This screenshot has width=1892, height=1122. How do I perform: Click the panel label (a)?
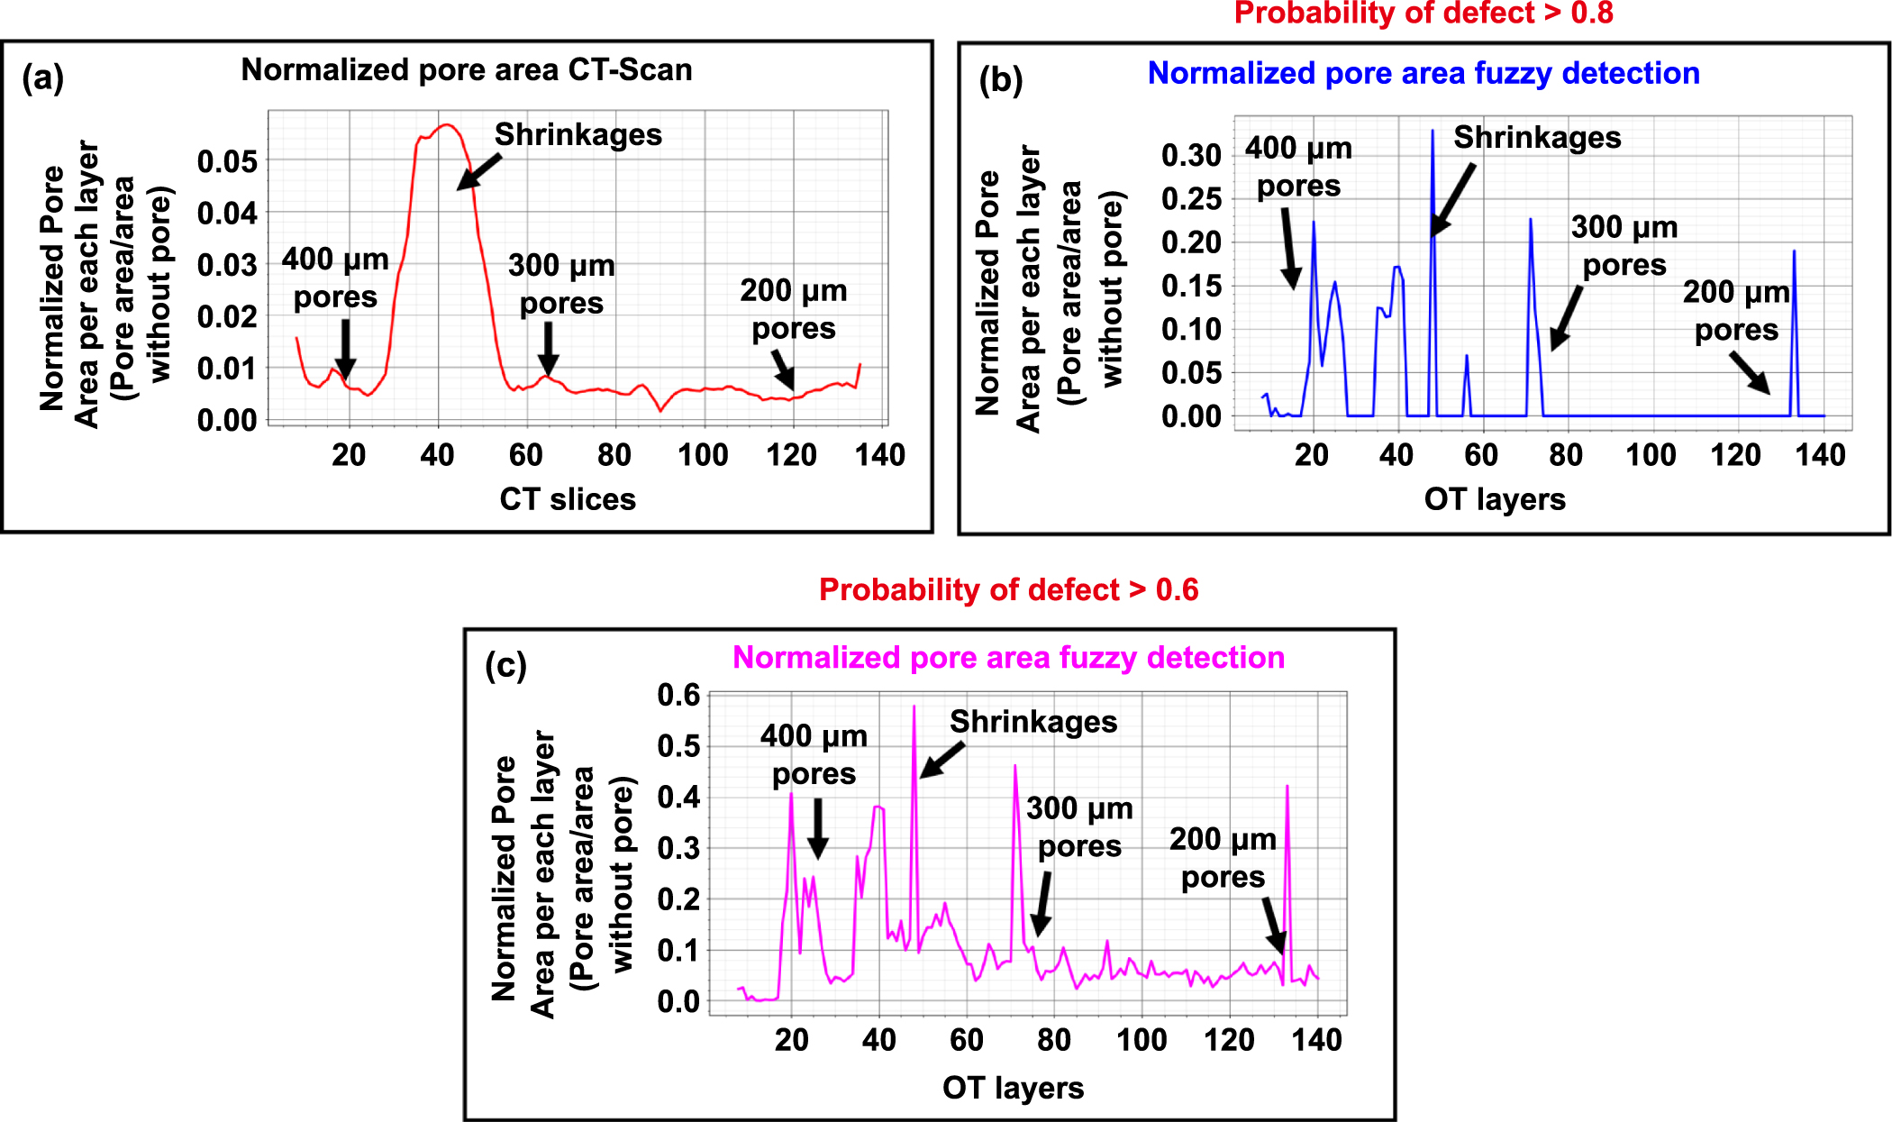coord(42,78)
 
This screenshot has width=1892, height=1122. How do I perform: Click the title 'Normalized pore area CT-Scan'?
coord(466,70)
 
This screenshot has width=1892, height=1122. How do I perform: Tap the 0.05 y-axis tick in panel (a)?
coord(227,162)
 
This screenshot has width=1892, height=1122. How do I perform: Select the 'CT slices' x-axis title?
coord(568,499)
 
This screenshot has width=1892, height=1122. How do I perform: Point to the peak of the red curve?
coord(446,125)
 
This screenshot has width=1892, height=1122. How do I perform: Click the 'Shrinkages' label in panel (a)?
coord(578,135)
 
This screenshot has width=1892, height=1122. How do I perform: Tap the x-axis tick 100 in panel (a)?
coord(703,455)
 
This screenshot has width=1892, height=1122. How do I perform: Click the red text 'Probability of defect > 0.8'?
coord(1423,14)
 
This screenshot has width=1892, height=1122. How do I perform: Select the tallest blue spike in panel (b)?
coord(1433,132)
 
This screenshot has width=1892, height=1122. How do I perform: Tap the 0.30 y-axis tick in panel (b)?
coord(1191,155)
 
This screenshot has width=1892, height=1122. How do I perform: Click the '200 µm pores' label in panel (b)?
coord(1735,311)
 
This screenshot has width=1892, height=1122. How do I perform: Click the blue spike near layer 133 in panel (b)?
coord(1794,254)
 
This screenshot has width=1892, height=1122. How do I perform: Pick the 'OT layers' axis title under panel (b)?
coord(1495,499)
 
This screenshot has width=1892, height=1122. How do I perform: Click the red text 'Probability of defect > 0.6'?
coord(1008,590)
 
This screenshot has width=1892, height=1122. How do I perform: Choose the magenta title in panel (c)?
coord(1008,658)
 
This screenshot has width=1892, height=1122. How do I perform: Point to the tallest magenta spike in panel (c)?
coord(914,708)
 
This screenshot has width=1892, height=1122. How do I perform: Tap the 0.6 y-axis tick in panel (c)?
coord(678,695)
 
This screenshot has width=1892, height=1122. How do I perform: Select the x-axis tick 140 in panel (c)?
coord(1316,1040)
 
